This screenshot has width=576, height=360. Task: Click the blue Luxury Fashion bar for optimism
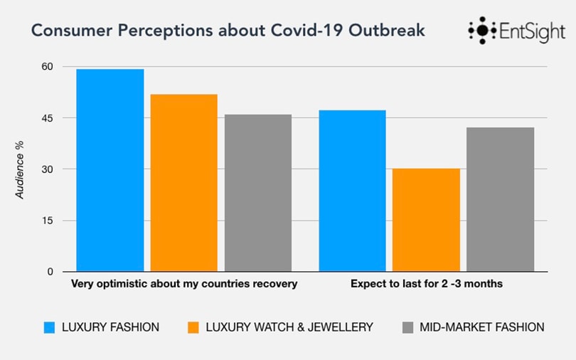pos(110,171)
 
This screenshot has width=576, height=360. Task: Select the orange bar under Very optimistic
pos(184,183)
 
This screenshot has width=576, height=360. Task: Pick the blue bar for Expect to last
pos(352,191)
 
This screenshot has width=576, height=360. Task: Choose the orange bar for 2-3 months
pos(426,220)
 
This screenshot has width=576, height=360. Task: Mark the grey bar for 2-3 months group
pos(500,199)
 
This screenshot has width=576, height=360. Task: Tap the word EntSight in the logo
pos(533,32)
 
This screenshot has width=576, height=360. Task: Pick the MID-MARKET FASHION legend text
pos(481,327)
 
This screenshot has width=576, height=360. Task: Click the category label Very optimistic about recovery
pos(183,284)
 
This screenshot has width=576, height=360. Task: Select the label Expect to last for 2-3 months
pos(427,284)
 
